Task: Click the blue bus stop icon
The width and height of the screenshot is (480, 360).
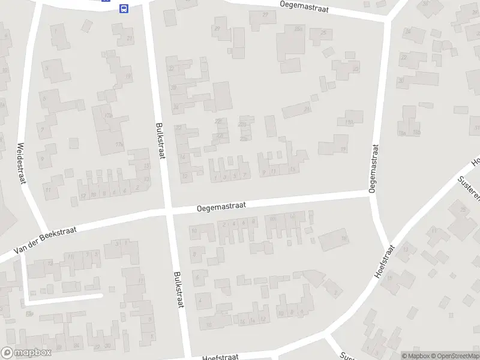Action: (124, 8)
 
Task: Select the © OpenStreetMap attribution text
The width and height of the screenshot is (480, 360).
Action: (454, 355)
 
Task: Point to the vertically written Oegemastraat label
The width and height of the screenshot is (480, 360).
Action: (374, 168)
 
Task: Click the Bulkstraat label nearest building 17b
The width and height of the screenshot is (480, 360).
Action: (160, 140)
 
